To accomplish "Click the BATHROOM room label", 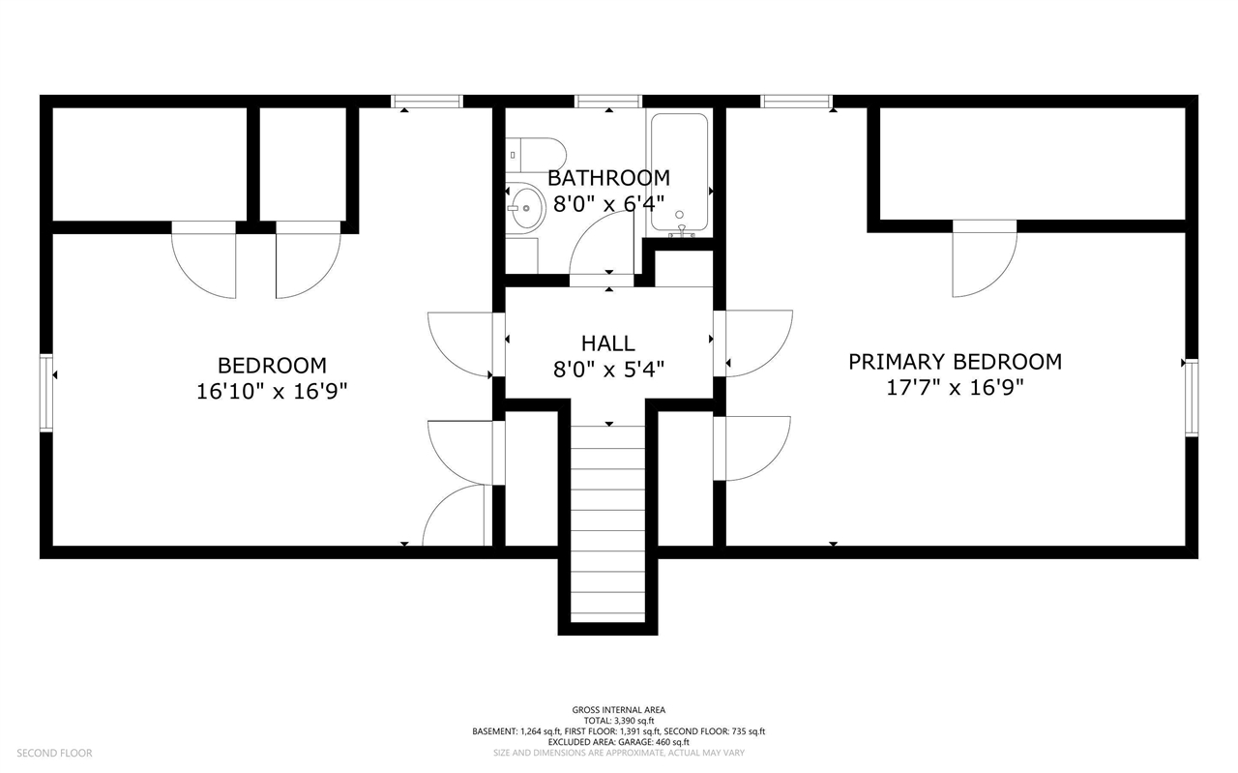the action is pyautogui.click(x=608, y=178).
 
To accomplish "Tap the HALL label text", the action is pyautogui.click(x=608, y=343).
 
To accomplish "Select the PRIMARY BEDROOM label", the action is pyautogui.click(x=955, y=362).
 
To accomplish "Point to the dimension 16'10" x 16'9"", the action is pyautogui.click(x=272, y=392).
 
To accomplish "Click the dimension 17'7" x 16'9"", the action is pyautogui.click(x=955, y=388).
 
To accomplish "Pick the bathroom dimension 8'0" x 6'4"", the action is pyautogui.click(x=608, y=204).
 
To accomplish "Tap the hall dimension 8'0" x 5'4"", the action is pyautogui.click(x=608, y=369).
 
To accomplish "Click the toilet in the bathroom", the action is pyautogui.click(x=536, y=155).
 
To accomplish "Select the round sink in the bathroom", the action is pyautogui.click(x=525, y=208).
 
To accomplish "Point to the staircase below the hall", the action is pyautogui.click(x=608, y=523).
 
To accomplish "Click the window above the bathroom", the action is pyautogui.click(x=608, y=102).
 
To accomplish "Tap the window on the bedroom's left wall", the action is pyautogui.click(x=46, y=393).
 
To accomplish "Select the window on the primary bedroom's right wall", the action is pyautogui.click(x=1193, y=397).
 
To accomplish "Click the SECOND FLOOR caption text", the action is pyautogui.click(x=55, y=753).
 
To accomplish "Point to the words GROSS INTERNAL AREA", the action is pyautogui.click(x=618, y=710).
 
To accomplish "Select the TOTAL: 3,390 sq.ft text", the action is pyautogui.click(x=618, y=721).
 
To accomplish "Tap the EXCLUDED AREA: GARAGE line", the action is pyautogui.click(x=618, y=742).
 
